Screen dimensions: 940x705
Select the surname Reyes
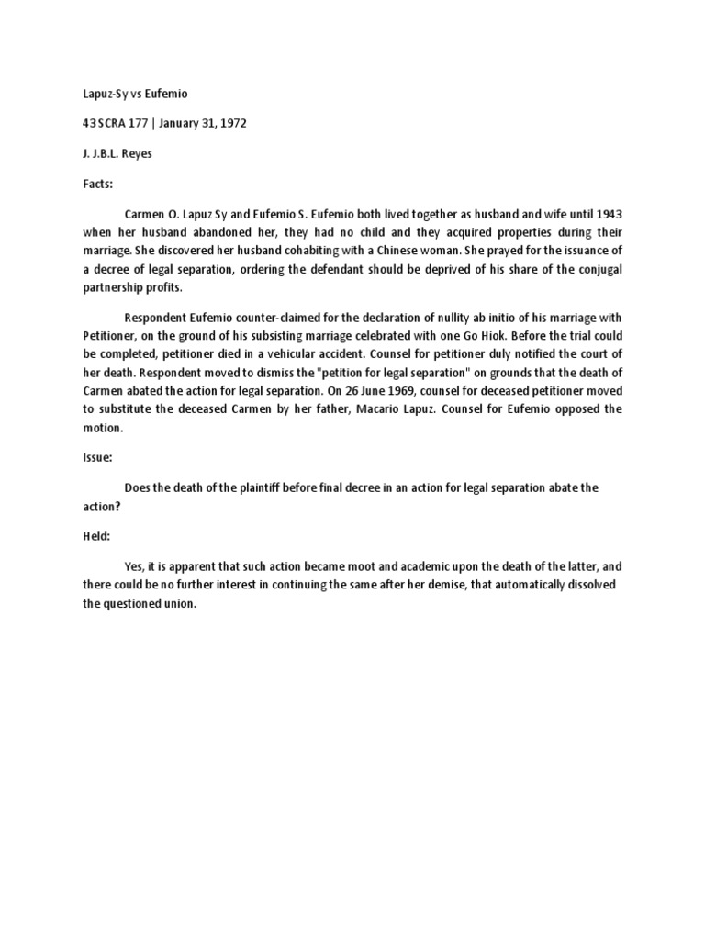[x=134, y=154]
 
